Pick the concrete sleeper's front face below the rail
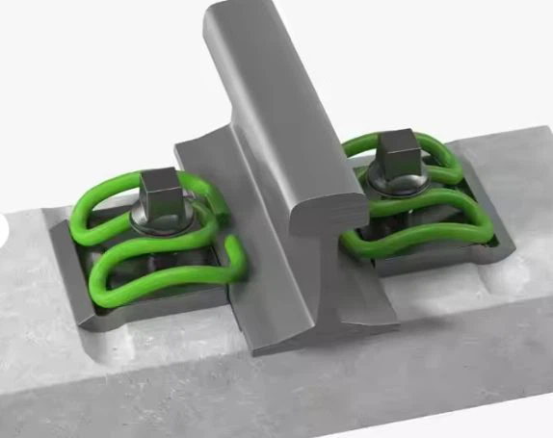[x=289, y=395]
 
